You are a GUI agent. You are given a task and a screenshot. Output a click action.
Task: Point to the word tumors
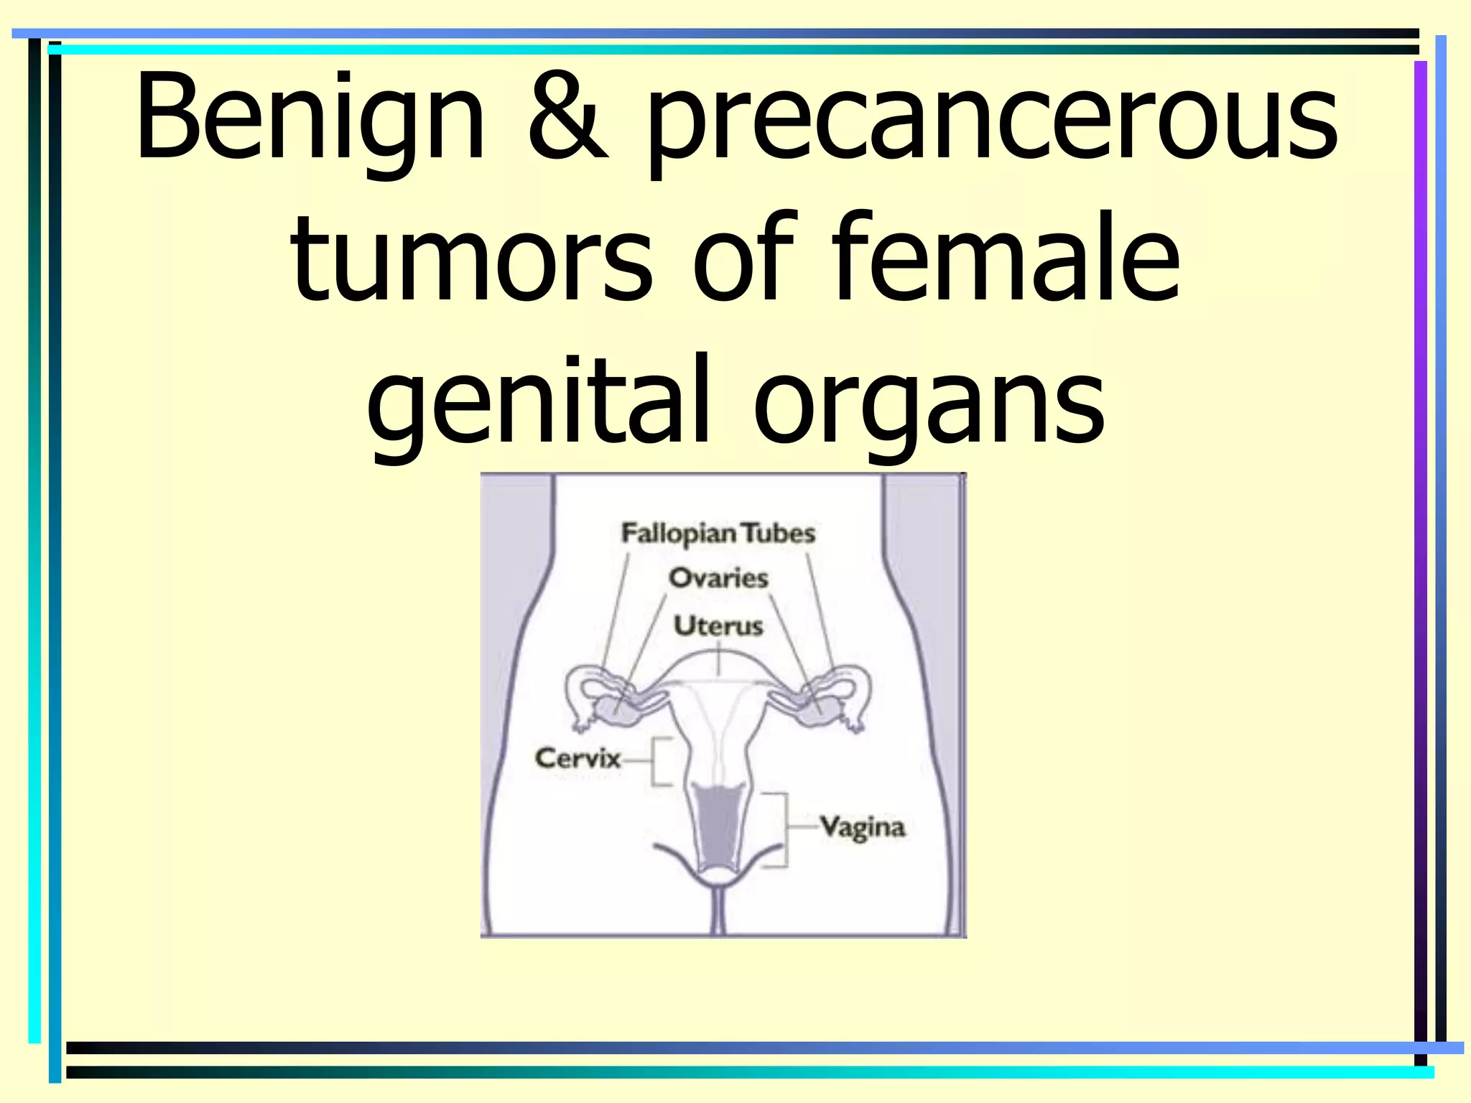(471, 259)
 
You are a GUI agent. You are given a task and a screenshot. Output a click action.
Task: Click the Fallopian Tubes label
(718, 534)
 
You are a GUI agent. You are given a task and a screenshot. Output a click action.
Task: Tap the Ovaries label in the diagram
(718, 578)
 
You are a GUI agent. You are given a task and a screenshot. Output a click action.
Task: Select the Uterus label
(718, 625)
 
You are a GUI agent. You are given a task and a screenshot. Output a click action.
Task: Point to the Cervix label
(577, 758)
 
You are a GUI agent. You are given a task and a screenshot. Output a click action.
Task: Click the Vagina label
(862, 827)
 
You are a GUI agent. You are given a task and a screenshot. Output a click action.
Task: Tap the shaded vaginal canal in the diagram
(715, 826)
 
